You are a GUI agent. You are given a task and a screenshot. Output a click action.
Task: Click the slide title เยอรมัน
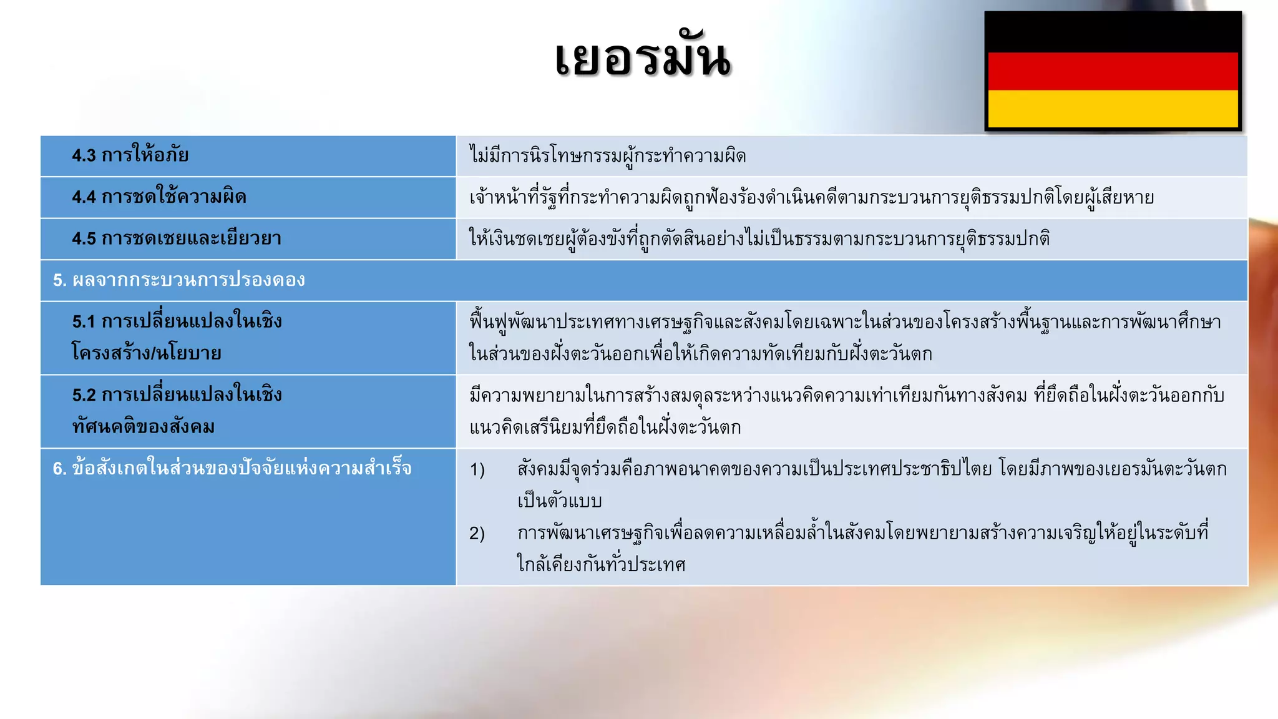(643, 59)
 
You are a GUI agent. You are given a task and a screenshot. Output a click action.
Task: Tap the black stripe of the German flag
(1113, 32)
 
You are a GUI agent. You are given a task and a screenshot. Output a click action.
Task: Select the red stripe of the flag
(1113, 71)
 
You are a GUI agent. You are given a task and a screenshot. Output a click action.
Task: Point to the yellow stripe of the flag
(1113, 109)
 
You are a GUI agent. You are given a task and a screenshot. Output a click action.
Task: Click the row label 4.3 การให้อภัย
(130, 155)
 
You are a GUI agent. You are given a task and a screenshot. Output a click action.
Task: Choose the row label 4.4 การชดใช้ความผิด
(159, 197)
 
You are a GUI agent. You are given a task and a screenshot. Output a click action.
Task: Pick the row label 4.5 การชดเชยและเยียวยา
(176, 238)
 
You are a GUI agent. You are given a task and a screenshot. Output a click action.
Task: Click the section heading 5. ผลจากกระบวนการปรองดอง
(179, 280)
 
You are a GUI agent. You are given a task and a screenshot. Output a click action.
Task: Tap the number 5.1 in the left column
(84, 322)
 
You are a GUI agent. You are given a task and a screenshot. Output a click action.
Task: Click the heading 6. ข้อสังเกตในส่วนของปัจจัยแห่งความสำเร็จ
(232, 469)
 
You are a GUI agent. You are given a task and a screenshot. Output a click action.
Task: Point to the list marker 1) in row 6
(477, 469)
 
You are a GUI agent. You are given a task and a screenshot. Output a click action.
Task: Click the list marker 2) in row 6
(477, 534)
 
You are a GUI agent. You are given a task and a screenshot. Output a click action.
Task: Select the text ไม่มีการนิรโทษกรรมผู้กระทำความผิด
(608, 155)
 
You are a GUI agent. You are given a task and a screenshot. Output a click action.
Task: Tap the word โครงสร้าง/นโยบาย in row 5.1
(147, 353)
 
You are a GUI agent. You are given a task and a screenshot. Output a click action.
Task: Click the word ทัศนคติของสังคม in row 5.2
(144, 427)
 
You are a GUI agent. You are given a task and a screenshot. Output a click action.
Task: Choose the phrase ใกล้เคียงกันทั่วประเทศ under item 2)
(601, 565)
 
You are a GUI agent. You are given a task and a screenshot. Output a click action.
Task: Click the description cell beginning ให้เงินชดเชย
(759, 238)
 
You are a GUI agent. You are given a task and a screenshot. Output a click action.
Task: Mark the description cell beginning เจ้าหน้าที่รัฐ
(811, 197)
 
